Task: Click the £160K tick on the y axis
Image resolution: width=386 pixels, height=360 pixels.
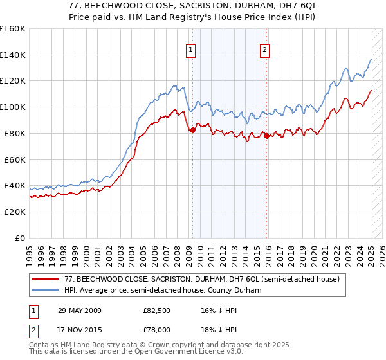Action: point(13,28)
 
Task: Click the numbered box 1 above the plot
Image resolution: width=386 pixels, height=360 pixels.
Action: point(191,52)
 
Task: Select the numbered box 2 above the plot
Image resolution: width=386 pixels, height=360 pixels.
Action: point(265,52)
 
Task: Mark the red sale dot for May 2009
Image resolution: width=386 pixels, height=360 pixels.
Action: point(192,130)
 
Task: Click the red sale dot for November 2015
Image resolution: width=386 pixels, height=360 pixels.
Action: point(266,135)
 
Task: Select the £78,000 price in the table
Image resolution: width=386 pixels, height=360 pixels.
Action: point(156,328)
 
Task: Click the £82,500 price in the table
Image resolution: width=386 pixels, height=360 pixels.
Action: point(156,310)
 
